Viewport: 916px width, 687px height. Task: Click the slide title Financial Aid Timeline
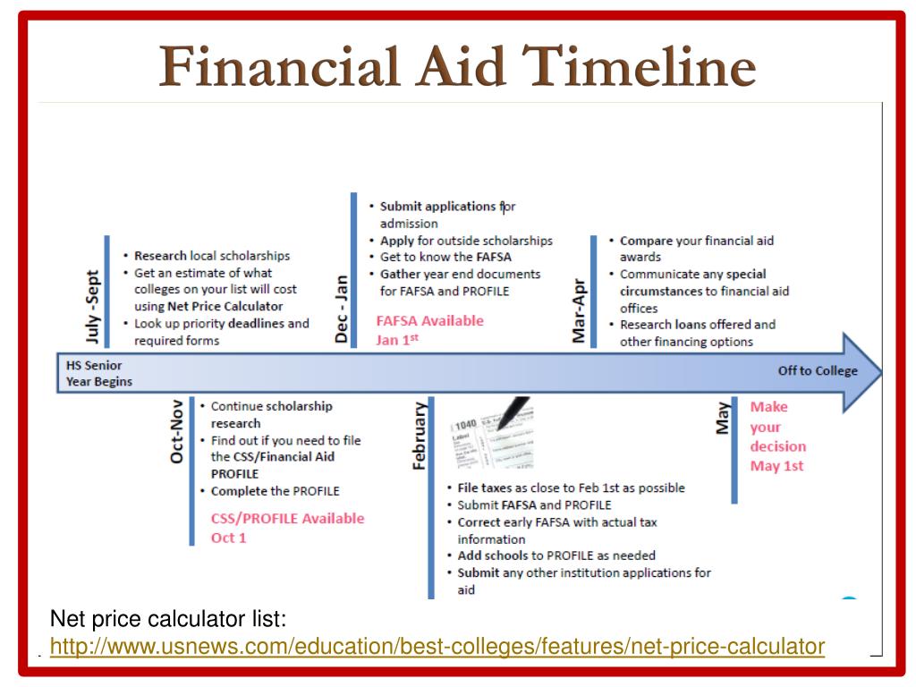pyautogui.click(x=458, y=67)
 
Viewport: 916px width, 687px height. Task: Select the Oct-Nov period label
pyautogui.click(x=177, y=431)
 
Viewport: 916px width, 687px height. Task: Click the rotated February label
pyautogui.click(x=419, y=436)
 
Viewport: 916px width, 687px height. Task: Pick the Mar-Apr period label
pyautogui.click(x=580, y=309)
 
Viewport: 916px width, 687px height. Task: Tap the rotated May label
pyautogui.click(x=722, y=418)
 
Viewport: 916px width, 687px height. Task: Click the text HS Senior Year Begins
pyautogui.click(x=99, y=373)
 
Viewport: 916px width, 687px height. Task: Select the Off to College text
pyautogui.click(x=817, y=370)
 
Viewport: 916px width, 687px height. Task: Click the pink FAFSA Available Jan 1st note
pyautogui.click(x=429, y=329)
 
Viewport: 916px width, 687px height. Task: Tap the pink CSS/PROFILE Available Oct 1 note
pyautogui.click(x=287, y=528)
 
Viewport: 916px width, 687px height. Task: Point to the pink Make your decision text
pyautogui.click(x=777, y=426)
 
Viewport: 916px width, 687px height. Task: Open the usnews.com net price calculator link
pyautogui.click(x=437, y=645)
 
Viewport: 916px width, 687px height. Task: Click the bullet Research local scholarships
pyautogui.click(x=212, y=256)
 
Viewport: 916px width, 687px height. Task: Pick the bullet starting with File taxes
pyautogui.click(x=571, y=488)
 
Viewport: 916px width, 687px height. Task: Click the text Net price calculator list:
pyautogui.click(x=168, y=618)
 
